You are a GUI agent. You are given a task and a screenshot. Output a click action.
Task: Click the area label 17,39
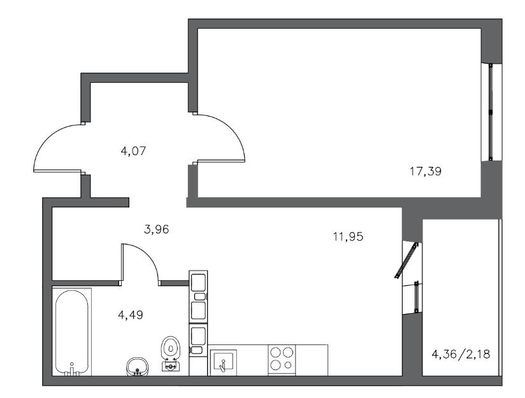tap(426, 172)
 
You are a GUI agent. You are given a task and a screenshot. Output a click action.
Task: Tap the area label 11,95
tap(348, 237)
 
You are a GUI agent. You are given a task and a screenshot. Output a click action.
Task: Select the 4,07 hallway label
tap(133, 152)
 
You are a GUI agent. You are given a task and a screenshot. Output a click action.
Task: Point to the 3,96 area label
tap(156, 230)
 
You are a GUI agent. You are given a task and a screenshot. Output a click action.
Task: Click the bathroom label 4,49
tap(131, 315)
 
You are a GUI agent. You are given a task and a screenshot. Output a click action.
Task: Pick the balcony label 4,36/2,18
tap(461, 354)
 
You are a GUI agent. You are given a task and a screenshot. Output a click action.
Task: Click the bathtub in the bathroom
tap(71, 332)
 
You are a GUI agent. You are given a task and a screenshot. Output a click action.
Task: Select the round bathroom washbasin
tap(137, 367)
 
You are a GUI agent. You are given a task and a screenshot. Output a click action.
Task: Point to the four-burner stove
tap(282, 360)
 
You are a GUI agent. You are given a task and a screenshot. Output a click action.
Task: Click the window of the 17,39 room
tap(491, 112)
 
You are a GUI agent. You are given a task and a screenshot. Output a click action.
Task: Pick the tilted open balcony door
tap(406, 260)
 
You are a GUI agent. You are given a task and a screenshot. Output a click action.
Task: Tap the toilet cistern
tap(171, 366)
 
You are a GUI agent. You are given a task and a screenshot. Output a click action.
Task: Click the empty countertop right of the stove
tap(312, 360)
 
